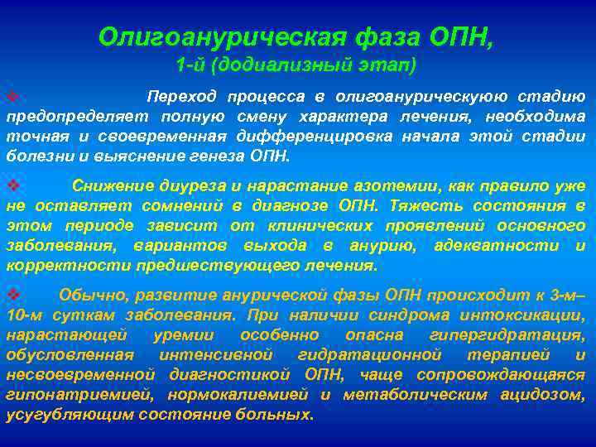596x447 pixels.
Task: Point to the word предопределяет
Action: click(67, 116)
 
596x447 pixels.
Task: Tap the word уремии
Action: click(185, 335)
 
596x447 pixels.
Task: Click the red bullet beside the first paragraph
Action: click(12, 97)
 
